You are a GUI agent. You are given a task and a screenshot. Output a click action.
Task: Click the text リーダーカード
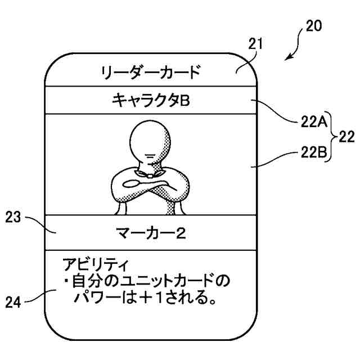pos(150,72)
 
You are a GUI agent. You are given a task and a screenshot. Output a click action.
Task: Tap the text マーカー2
pos(150,232)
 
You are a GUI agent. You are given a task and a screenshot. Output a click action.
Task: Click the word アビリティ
pos(95,264)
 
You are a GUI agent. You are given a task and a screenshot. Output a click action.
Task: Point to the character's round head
pos(150,141)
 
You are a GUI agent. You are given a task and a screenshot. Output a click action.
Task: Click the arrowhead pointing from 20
pos(289,58)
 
